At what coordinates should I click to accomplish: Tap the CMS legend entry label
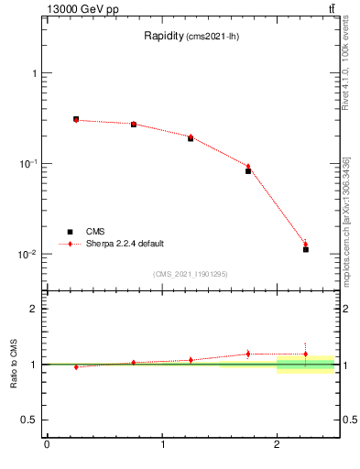point(95,233)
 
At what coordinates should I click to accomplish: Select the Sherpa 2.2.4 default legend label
point(125,244)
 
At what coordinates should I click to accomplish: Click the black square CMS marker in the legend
point(70,233)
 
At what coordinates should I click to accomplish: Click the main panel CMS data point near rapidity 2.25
point(306,249)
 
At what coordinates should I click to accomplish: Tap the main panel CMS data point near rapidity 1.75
point(248,171)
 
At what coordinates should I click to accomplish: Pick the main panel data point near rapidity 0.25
point(76,119)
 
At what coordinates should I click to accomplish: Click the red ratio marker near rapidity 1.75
point(248,354)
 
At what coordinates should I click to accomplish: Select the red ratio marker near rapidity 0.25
point(76,366)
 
